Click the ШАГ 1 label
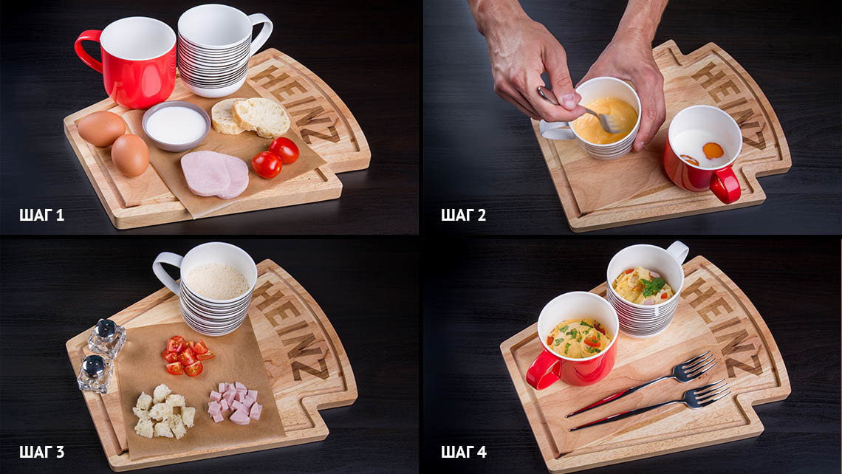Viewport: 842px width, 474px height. click(x=41, y=216)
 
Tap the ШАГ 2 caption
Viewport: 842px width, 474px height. click(x=463, y=216)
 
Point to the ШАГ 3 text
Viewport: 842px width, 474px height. click(x=41, y=452)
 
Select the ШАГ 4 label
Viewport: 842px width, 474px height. click(x=463, y=452)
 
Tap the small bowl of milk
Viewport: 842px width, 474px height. click(x=176, y=126)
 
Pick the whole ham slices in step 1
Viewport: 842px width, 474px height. click(x=215, y=174)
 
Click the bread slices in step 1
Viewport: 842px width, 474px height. click(x=251, y=117)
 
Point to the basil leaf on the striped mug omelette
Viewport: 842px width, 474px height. click(x=652, y=286)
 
